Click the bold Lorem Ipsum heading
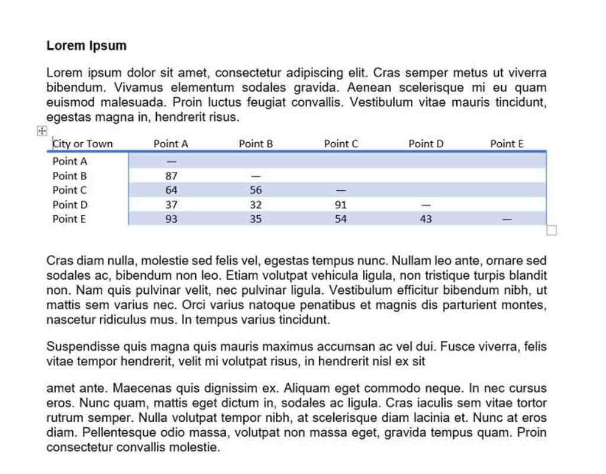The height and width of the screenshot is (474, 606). (86, 46)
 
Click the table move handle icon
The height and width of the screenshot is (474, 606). (42, 132)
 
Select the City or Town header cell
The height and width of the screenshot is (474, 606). (82, 144)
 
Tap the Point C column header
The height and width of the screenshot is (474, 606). (341, 144)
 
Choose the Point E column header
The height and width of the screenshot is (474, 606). (507, 144)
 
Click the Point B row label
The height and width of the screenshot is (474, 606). (70, 176)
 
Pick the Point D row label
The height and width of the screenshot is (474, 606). (70, 205)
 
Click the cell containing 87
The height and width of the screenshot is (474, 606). (171, 176)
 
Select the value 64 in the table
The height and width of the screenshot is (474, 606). (171, 190)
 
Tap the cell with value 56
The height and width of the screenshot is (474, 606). (256, 190)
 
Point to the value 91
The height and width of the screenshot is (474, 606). (341, 205)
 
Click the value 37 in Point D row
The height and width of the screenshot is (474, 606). (171, 205)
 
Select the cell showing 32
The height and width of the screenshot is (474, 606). (256, 205)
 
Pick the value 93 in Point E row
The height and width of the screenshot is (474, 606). (171, 219)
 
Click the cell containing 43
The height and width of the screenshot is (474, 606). (426, 219)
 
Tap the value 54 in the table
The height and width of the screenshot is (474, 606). (341, 219)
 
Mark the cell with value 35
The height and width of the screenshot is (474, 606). (256, 219)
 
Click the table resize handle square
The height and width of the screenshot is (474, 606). (552, 230)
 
